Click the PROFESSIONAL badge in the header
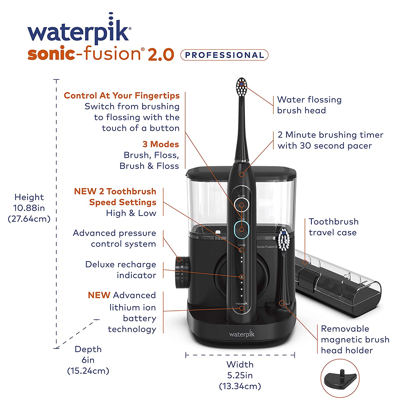tap(224, 55)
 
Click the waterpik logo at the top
tap(79, 32)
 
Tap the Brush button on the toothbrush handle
tap(242, 205)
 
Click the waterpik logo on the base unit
tap(242, 334)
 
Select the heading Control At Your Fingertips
tap(122, 96)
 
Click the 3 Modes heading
tap(161, 144)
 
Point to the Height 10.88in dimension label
tap(29, 208)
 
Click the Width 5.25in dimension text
tap(240, 375)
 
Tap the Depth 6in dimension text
tap(88, 360)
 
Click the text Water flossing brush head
tap(309, 105)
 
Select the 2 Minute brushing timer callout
tap(330, 140)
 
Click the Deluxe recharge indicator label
tap(121, 270)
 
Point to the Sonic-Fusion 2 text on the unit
tap(267, 247)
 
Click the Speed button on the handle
tap(241, 249)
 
